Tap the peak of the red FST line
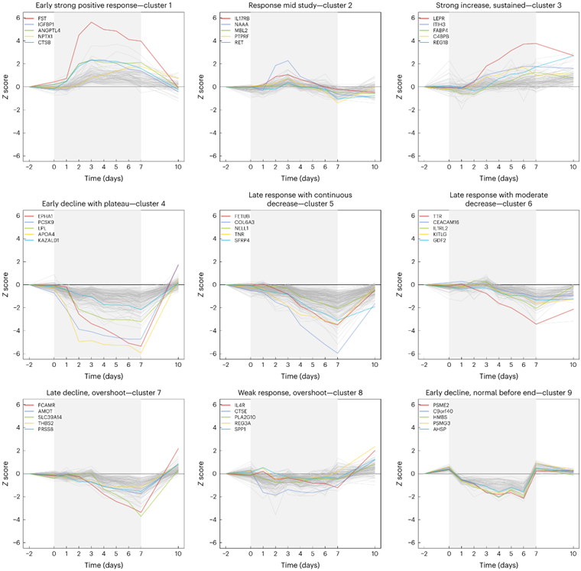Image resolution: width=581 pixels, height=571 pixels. click(92, 21)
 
